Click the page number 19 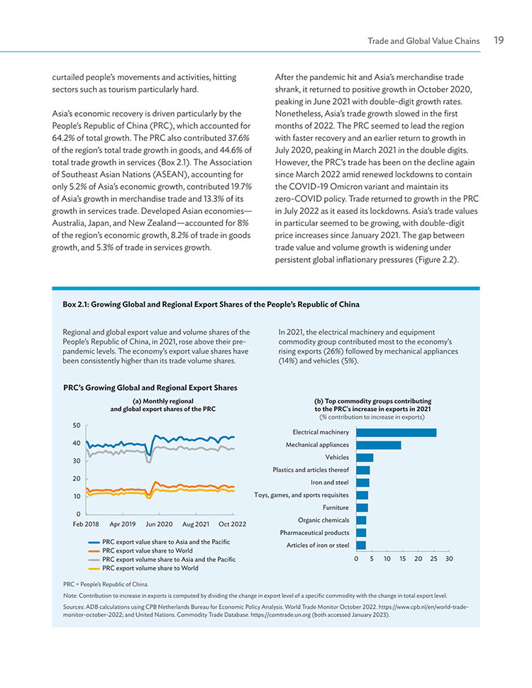(x=499, y=40)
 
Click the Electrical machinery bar (x=397, y=433)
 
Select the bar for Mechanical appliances (x=379, y=445)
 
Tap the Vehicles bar (x=365, y=458)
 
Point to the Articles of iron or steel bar (x=361, y=546)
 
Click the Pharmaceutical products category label (x=314, y=533)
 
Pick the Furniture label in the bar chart (x=336, y=507)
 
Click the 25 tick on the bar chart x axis (x=433, y=558)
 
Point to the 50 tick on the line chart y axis (x=77, y=425)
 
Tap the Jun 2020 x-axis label (x=159, y=524)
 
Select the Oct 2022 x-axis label (x=233, y=524)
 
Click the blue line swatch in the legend (x=94, y=542)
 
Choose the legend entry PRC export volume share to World (x=143, y=568)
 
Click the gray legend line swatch (x=94, y=560)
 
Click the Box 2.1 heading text (x=211, y=305)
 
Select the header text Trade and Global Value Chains (x=423, y=41)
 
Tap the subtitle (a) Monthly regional (x=163, y=401)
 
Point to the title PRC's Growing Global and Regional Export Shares (x=150, y=388)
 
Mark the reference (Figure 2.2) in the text (x=436, y=259)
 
